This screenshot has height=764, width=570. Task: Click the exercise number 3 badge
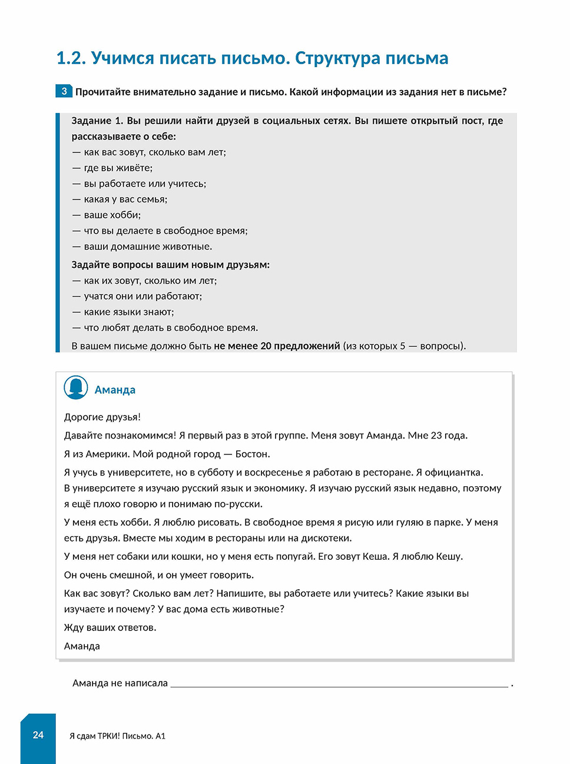64,91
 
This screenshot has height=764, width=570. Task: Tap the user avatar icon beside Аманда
76,388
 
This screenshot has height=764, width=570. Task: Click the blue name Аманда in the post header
115,390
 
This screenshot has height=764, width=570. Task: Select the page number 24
38,735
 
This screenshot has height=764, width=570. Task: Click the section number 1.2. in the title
71,58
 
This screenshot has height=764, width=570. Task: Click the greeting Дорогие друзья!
102,417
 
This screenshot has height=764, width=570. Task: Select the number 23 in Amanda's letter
436,436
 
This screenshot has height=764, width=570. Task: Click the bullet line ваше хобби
112,215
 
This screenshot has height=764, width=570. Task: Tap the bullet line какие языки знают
128,312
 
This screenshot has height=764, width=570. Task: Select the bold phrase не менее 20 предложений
277,346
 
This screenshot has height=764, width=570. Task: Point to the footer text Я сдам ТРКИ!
94,736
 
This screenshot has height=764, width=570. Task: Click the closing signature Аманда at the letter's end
82,646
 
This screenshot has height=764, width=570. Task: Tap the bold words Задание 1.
97,121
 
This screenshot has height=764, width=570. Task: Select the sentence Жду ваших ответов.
110,627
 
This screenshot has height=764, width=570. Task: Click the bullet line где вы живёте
118,168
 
